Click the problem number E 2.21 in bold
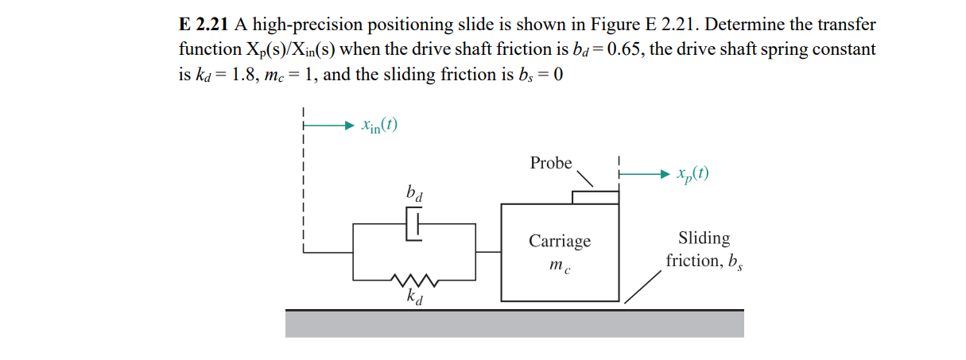point(204,24)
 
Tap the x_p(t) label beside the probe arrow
point(692,173)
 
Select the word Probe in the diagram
point(551,163)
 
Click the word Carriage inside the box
point(561,241)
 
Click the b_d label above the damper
point(414,192)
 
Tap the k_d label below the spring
point(414,298)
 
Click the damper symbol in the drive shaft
point(414,224)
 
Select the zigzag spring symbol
point(414,280)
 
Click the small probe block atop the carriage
point(595,197)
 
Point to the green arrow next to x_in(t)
point(328,125)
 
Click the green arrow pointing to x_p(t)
point(645,173)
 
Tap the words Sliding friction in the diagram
point(704,249)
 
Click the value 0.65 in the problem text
point(618,49)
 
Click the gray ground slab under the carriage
point(514,323)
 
